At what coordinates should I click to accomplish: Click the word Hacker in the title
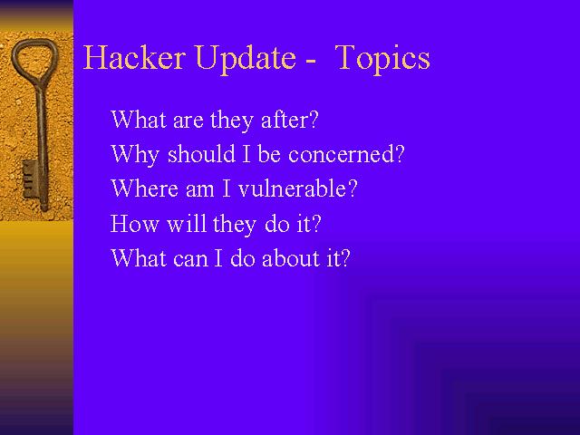tap(134, 57)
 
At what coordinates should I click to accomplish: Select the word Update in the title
tap(246, 59)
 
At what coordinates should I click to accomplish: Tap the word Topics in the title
tap(382, 59)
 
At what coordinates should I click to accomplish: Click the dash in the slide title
tap(311, 61)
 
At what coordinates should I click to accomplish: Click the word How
tap(134, 224)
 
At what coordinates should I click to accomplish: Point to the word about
tap(291, 257)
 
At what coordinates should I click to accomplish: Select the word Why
tap(135, 155)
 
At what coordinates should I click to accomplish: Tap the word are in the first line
tap(188, 121)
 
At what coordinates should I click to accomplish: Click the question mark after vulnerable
tap(353, 188)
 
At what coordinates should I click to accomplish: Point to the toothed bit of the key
tap(30, 179)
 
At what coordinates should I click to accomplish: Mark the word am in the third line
tap(199, 190)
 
